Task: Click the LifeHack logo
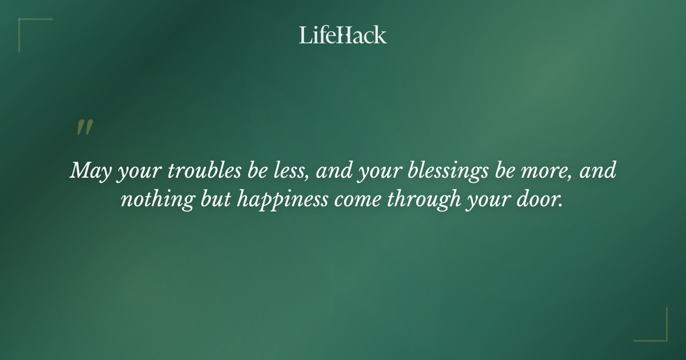[x=343, y=35]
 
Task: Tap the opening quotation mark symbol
[x=84, y=128]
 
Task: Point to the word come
[x=363, y=200]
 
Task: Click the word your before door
[x=496, y=201]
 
